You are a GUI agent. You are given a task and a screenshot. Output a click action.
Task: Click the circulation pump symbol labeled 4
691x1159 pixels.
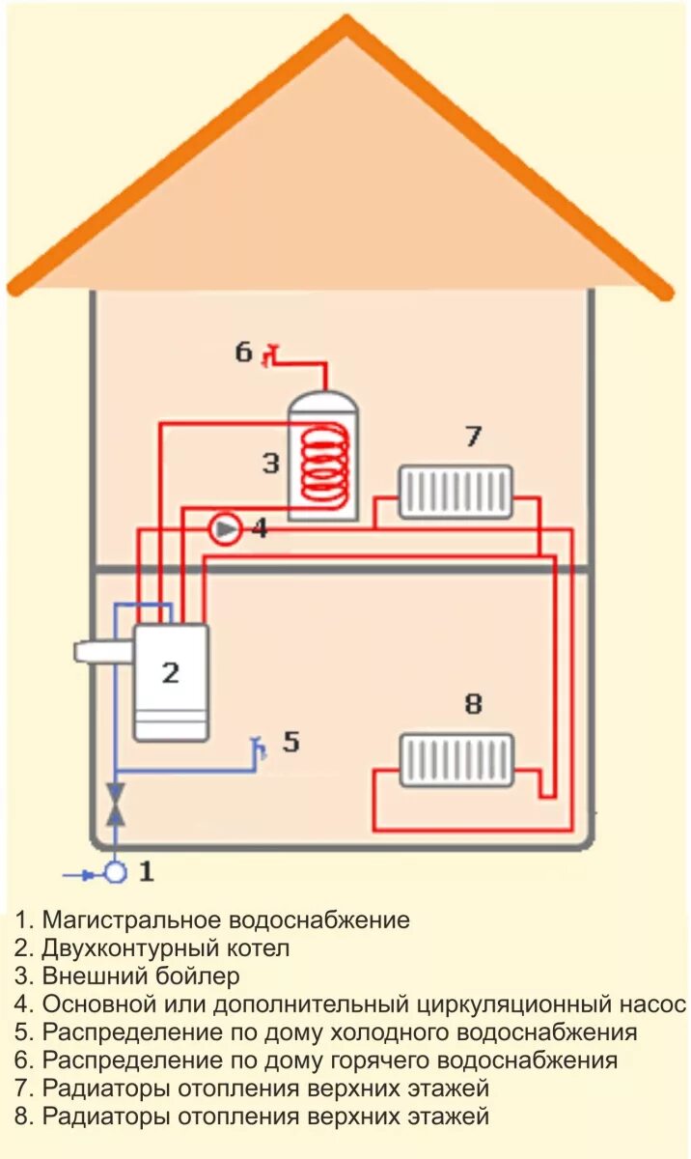tap(225, 529)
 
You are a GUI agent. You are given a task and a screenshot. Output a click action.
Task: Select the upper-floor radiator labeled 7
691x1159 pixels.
tap(456, 492)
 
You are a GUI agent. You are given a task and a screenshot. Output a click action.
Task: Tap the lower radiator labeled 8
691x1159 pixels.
tap(456, 760)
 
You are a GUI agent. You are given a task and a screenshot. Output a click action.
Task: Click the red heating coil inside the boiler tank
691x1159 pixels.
tap(324, 462)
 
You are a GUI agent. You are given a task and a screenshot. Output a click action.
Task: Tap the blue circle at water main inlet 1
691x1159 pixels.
tap(116, 873)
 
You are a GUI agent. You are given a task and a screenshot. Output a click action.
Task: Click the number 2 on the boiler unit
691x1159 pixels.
tap(171, 672)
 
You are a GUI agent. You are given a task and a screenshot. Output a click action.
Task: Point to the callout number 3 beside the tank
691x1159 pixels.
tap(271, 464)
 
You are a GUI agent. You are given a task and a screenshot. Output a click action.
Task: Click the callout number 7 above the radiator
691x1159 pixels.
tap(473, 437)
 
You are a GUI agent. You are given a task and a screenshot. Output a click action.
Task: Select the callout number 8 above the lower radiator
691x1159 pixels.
tap(473, 704)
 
